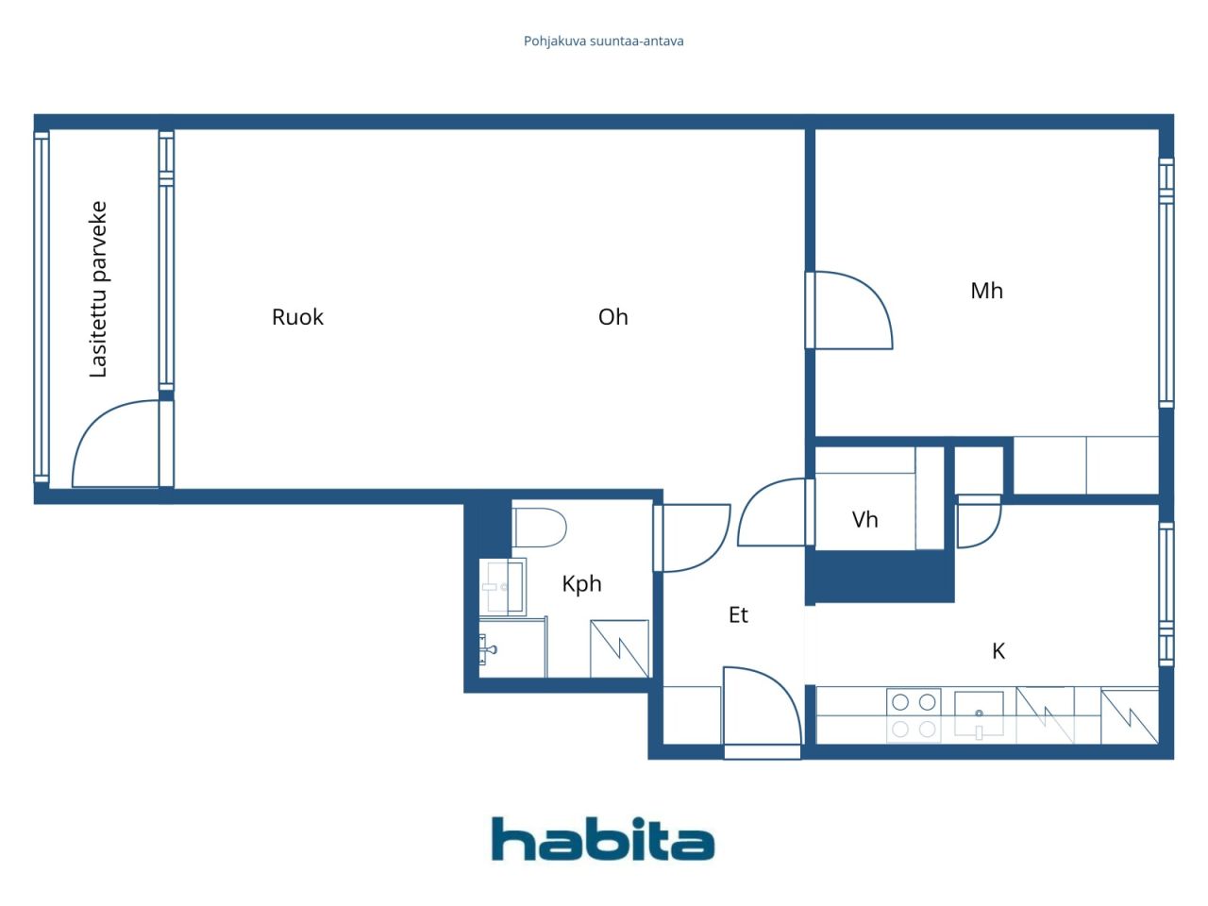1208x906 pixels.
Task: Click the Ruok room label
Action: (297, 317)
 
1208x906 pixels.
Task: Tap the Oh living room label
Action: (613, 317)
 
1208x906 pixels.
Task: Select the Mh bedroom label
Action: (987, 291)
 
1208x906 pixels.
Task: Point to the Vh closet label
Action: (864, 519)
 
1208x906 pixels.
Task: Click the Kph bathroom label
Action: (581, 583)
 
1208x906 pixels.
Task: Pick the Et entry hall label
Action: (738, 614)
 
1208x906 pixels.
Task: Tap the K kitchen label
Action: (998, 651)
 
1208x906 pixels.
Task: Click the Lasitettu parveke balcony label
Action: (98, 290)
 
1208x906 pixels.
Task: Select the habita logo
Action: (603, 838)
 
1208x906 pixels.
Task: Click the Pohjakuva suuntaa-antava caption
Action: (603, 42)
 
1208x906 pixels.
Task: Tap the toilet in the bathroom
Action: (539, 528)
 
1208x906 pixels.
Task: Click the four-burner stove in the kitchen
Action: (914, 715)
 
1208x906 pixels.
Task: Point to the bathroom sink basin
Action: (502, 586)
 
